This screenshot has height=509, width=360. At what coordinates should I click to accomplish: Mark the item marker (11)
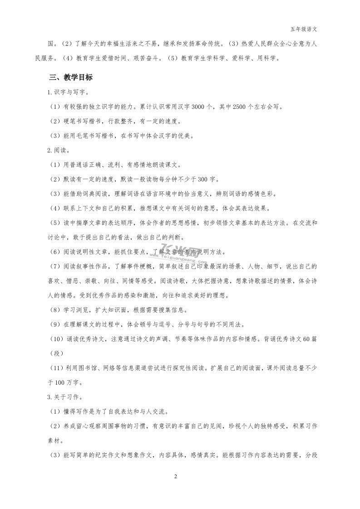pos(57,368)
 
